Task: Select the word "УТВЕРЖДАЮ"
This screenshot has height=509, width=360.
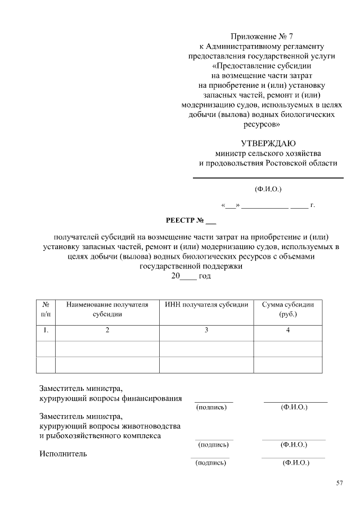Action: coord(268,143)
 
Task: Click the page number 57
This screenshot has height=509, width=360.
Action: coord(339,483)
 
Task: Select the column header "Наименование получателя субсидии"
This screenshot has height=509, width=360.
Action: coord(107,309)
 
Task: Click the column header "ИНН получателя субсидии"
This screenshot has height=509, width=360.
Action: coord(206,305)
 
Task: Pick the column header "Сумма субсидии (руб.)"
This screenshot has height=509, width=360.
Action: coord(288,309)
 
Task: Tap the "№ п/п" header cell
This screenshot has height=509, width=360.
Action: coord(46,309)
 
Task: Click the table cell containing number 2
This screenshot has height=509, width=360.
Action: coord(107,331)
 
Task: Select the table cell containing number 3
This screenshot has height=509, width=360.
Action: coord(206,331)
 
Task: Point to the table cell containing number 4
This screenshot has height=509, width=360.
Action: coord(288,331)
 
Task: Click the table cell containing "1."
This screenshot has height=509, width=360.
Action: coord(46,331)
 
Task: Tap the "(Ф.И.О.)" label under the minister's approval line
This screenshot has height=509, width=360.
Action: coord(268,189)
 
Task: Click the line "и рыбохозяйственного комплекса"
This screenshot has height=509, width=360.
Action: coord(100,435)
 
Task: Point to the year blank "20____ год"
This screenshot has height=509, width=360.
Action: coord(191,276)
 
